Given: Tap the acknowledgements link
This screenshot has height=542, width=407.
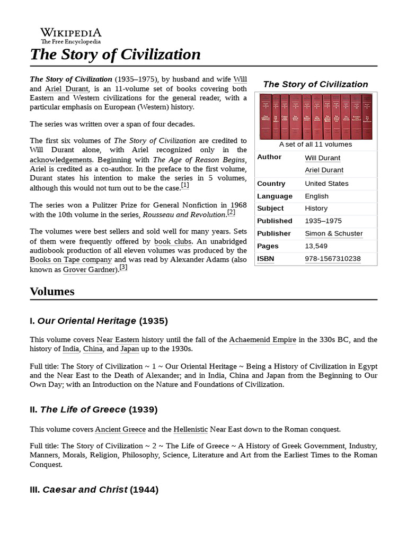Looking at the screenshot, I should pyautogui.click(x=61, y=160).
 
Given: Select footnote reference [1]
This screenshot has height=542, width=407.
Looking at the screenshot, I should pyautogui.click(x=185, y=186).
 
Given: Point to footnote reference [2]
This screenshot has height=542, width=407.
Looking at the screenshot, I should pyautogui.click(x=231, y=213).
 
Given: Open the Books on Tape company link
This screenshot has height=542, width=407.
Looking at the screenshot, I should pyautogui.click(x=70, y=259).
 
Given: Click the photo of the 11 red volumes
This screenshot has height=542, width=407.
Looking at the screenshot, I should pyautogui.click(x=315, y=116).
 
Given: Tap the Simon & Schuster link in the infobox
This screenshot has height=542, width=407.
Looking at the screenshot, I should pyautogui.click(x=334, y=233).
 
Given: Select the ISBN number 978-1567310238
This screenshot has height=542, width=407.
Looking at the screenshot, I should pyautogui.click(x=333, y=259).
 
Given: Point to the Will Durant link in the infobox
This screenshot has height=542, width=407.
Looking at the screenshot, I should pyautogui.click(x=323, y=158).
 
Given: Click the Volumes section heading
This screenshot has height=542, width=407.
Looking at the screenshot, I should pyautogui.click(x=52, y=292).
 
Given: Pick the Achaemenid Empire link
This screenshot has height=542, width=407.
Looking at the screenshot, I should pyautogui.click(x=262, y=339).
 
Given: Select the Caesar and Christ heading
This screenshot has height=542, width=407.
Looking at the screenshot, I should pyautogui.click(x=94, y=490).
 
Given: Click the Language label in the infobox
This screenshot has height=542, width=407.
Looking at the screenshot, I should pyautogui.click(x=275, y=196).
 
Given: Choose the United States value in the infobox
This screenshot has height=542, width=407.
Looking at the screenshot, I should pyautogui.click(x=326, y=184).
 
